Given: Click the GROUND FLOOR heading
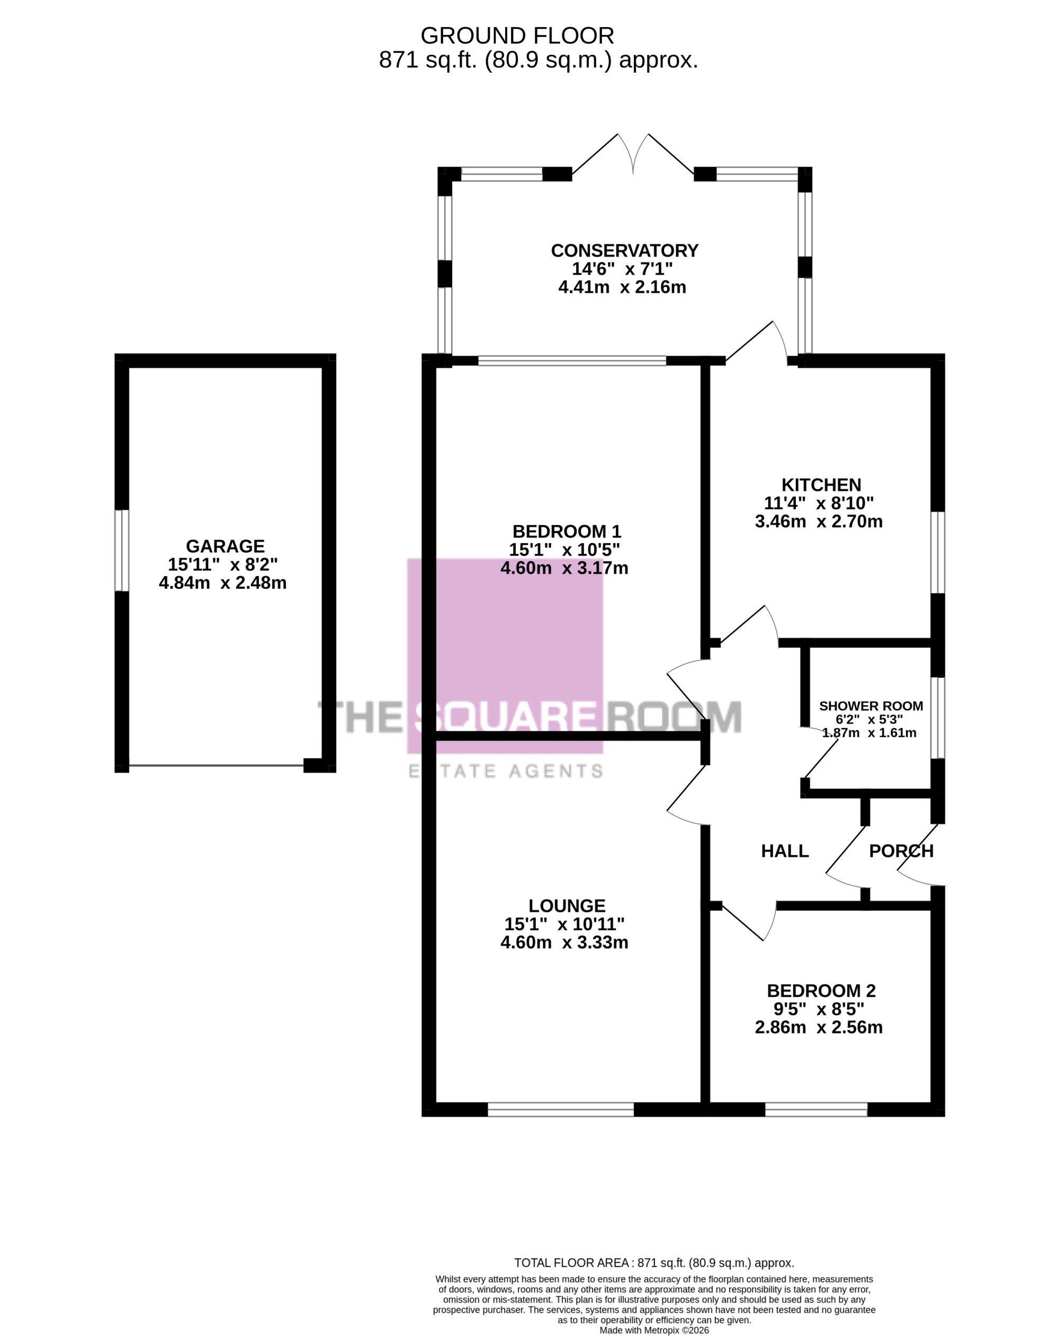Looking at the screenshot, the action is click(517, 36).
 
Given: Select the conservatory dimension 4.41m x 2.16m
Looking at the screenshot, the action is click(622, 287).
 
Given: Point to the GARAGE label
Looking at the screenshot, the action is click(225, 546).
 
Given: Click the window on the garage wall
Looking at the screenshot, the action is click(122, 550).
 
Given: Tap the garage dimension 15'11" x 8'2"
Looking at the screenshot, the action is click(222, 564).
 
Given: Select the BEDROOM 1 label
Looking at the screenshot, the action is click(566, 531).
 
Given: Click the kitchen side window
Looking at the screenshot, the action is click(938, 552).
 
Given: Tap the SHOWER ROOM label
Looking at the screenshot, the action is click(870, 706).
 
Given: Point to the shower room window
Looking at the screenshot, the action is click(938, 718).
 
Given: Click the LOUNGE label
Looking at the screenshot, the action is click(567, 906).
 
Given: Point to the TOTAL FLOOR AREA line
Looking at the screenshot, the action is click(654, 1263).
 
